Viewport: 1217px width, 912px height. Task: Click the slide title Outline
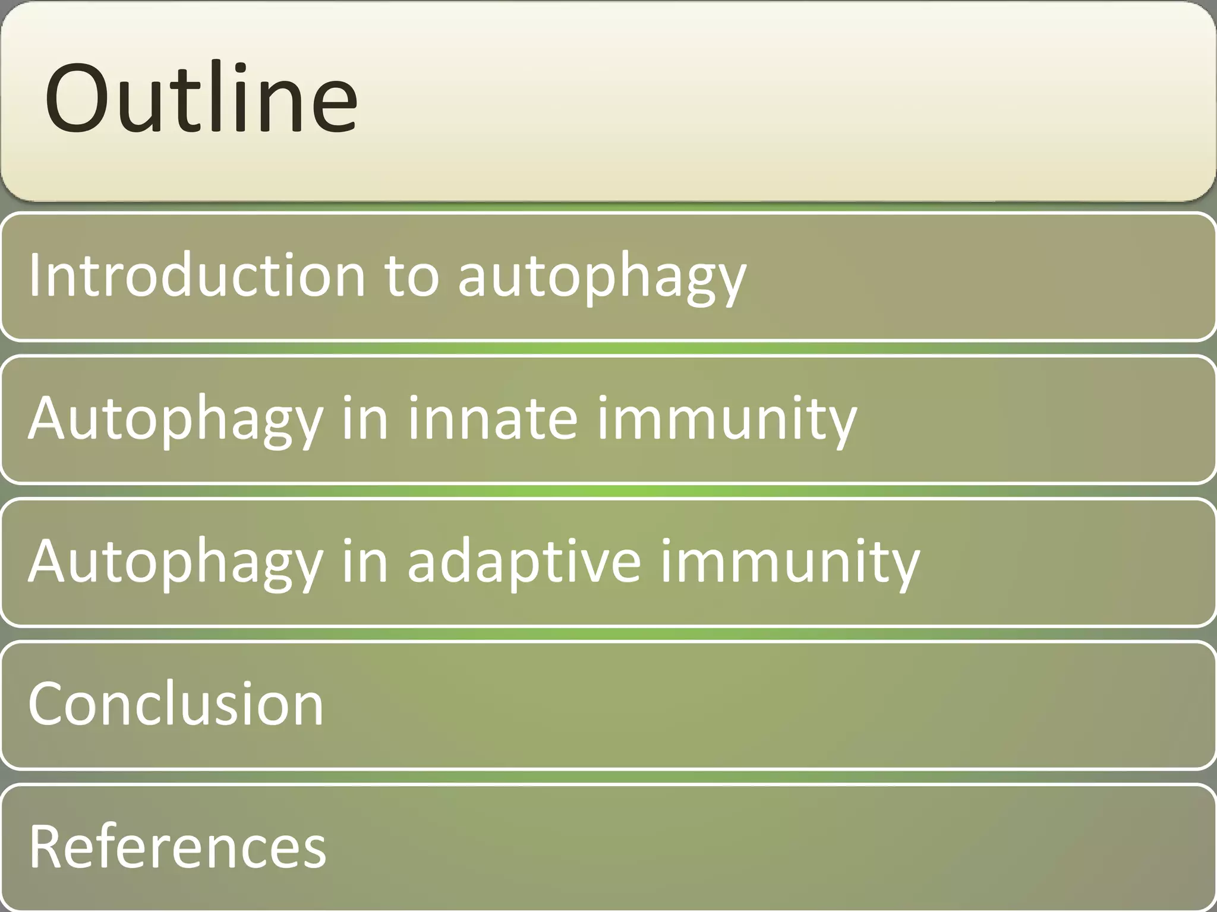[201, 98]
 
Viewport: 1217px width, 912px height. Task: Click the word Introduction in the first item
[196, 275]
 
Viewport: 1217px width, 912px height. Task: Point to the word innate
[492, 418]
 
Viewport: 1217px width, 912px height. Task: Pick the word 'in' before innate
[364, 418]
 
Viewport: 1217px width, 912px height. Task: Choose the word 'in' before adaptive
[364, 561]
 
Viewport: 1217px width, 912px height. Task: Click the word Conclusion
[175, 704]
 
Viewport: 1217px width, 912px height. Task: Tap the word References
[177, 847]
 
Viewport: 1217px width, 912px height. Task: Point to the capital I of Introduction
[34, 274]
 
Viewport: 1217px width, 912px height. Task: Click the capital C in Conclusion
[47, 704]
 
